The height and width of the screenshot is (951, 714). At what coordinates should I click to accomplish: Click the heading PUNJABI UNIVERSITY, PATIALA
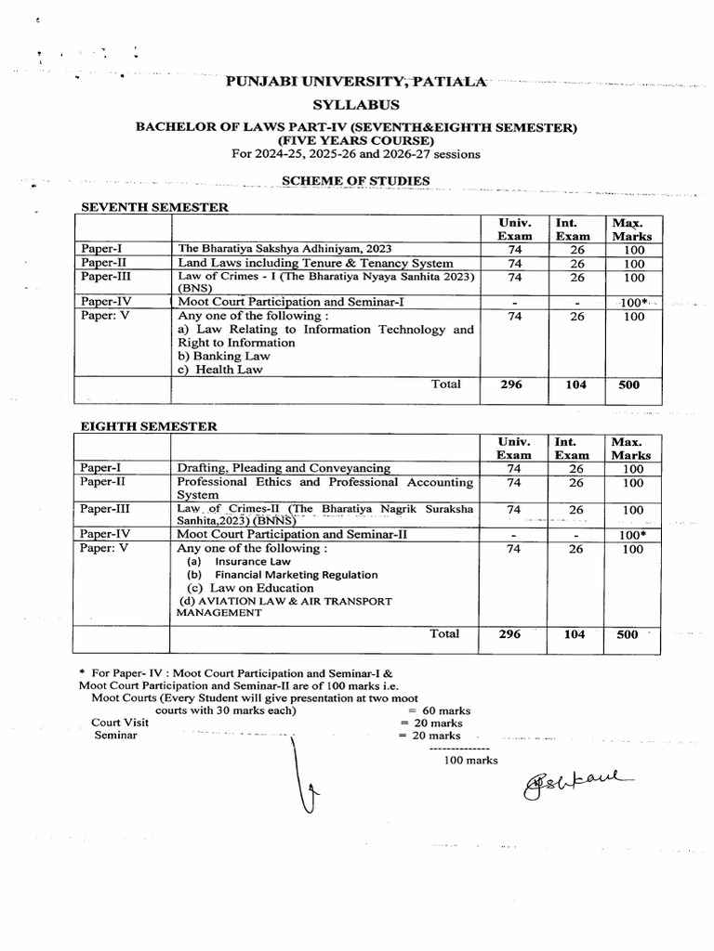(357, 83)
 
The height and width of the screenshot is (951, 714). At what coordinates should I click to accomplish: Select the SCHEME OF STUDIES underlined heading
(357, 179)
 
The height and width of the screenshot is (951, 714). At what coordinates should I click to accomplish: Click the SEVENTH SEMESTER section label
(155, 206)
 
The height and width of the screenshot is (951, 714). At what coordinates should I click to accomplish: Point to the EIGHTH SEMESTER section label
(150, 426)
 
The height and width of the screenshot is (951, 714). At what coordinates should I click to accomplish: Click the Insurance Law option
(252, 562)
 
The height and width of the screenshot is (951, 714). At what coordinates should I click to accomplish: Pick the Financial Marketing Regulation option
(296, 575)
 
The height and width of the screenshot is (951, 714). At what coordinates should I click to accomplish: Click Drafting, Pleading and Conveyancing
(284, 468)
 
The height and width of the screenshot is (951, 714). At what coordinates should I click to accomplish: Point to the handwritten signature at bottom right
(576, 787)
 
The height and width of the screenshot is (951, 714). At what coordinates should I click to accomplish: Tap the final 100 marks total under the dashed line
(471, 760)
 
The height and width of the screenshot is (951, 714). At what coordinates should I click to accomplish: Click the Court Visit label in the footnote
(120, 723)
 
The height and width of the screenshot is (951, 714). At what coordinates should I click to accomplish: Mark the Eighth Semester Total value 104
(574, 634)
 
